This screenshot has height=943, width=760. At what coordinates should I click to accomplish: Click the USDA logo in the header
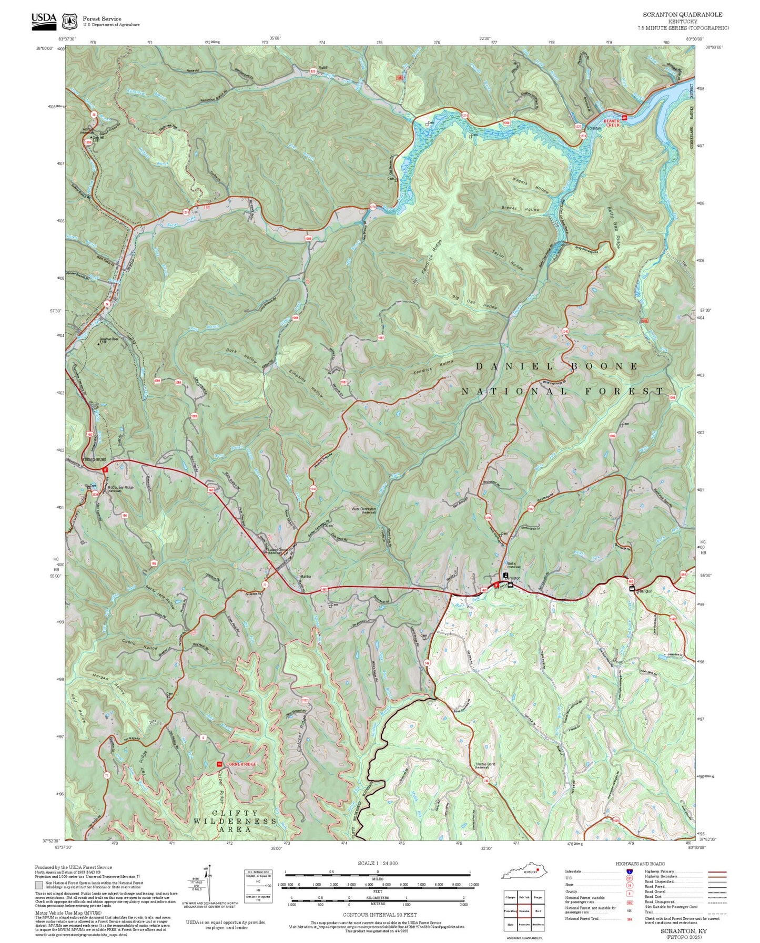[x=44, y=20]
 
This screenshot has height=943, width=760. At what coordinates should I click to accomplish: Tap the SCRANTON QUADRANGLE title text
[x=682, y=15]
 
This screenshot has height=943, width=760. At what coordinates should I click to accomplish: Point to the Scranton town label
[x=593, y=128]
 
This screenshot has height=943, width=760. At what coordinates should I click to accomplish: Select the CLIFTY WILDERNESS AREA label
[x=235, y=821]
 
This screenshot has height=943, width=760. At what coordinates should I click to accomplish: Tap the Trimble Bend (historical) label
[x=485, y=765]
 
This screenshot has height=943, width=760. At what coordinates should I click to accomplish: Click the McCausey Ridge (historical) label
[x=120, y=488]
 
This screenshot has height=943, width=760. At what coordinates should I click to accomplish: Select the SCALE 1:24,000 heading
[x=377, y=863]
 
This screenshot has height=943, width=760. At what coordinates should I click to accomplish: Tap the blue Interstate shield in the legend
[x=629, y=872]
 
